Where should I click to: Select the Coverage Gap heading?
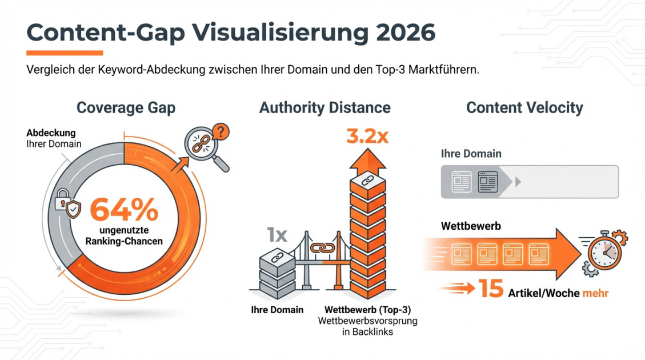tap(126, 107)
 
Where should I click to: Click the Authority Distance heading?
tap(324, 107)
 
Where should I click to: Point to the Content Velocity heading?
tap(524, 107)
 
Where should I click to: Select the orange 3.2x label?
tap(367, 137)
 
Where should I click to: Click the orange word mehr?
tap(595, 294)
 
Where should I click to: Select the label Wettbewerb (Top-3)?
tap(367, 310)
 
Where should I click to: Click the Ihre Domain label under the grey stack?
tap(277, 310)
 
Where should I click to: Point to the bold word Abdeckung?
tap(50, 133)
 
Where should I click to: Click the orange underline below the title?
tap(65, 53)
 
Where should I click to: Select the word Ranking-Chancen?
tap(124, 241)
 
